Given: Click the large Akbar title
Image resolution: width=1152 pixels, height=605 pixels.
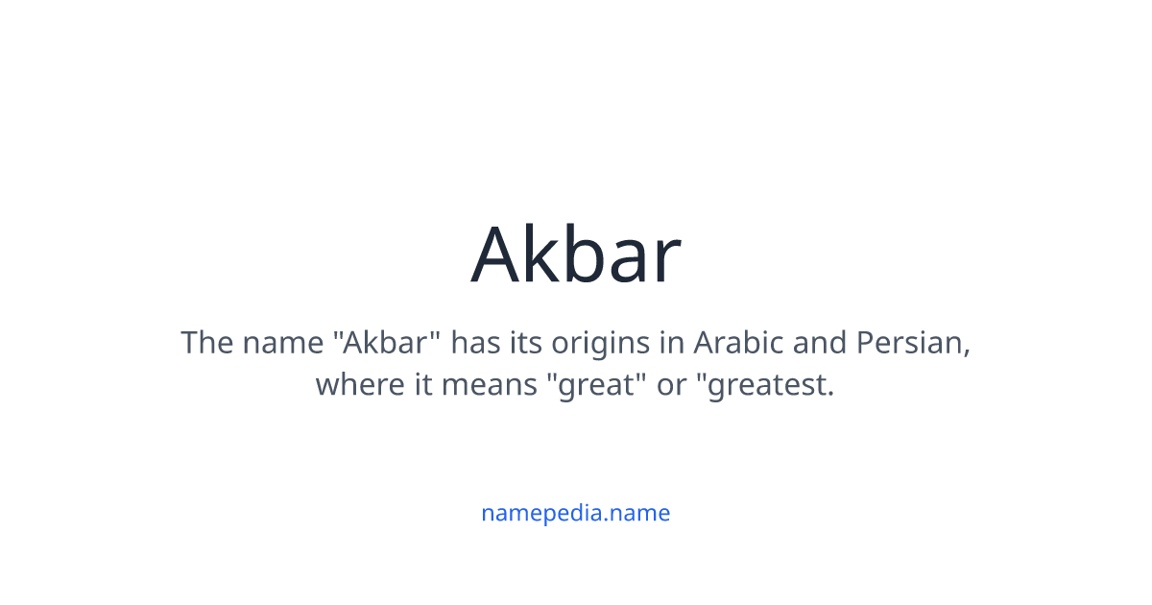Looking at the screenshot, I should [x=576, y=254].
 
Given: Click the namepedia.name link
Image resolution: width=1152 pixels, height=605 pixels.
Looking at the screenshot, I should [x=576, y=513].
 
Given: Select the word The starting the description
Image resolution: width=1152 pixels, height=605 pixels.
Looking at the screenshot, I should [x=205, y=343].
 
